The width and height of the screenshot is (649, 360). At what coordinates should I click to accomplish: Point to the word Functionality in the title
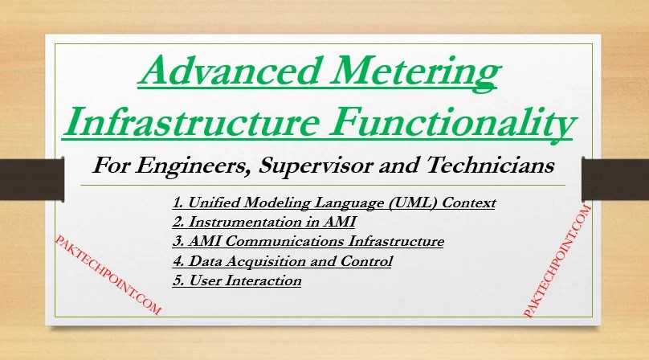tap(464, 124)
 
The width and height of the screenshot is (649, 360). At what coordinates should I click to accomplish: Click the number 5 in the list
tap(176, 280)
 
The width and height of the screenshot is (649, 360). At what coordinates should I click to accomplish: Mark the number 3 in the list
tap(176, 241)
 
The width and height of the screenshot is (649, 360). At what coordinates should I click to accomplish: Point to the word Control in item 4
tap(369, 261)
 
